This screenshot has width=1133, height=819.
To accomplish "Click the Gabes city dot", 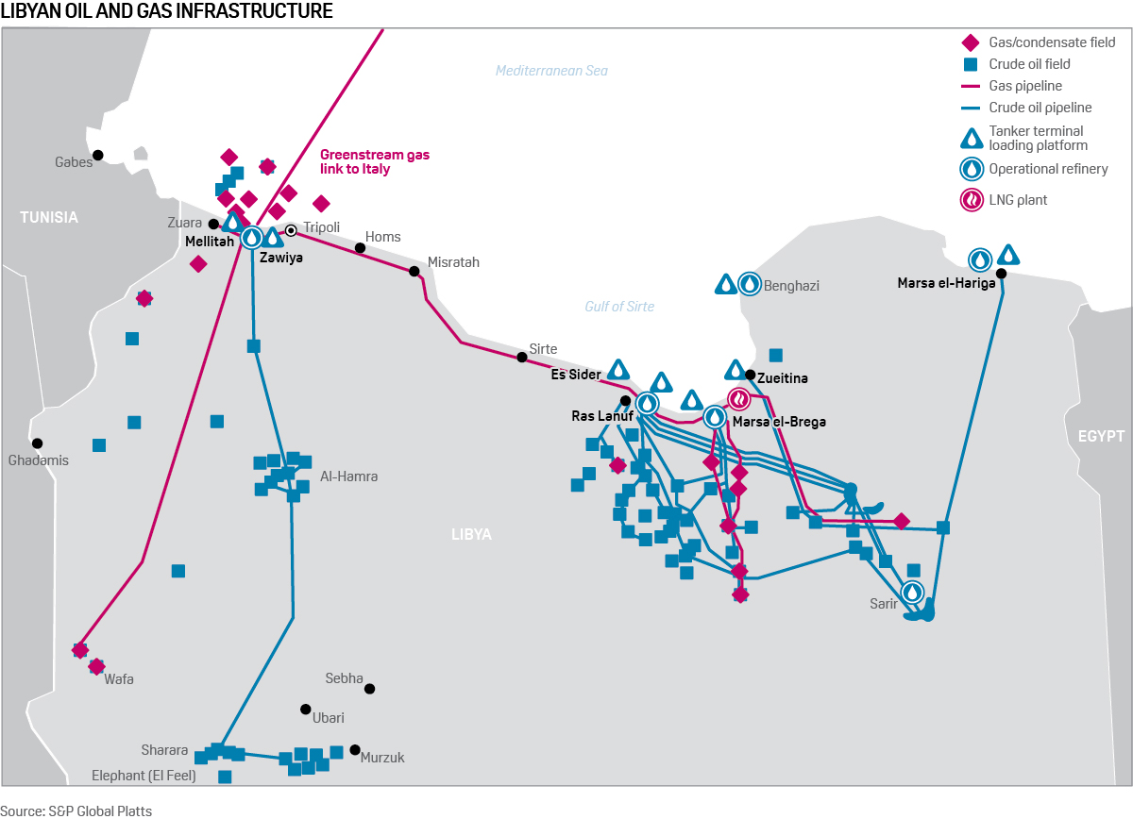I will (x=97, y=155).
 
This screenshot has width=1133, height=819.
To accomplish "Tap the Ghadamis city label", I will (x=39, y=460).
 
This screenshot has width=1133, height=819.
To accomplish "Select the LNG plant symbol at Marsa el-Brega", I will (x=739, y=399).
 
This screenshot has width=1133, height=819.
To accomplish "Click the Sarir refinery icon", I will (x=912, y=593).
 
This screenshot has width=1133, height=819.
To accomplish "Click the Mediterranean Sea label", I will (x=552, y=71).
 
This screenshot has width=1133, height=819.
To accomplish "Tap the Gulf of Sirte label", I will (x=619, y=307).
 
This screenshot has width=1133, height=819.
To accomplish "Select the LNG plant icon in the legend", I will (x=971, y=200).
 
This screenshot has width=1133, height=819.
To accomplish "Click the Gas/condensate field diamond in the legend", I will (x=970, y=42).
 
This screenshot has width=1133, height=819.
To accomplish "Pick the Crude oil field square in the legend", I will (x=970, y=64).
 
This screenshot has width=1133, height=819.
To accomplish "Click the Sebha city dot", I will (x=370, y=689).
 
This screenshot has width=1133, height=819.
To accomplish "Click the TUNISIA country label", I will (x=49, y=217).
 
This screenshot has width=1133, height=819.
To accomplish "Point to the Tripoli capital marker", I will (x=292, y=229).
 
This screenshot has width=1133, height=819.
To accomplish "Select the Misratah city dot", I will (x=414, y=271).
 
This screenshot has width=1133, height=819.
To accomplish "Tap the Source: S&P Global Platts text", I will (x=76, y=810).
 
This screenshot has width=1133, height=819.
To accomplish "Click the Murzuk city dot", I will (x=355, y=750).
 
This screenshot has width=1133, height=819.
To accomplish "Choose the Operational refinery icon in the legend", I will (x=971, y=170).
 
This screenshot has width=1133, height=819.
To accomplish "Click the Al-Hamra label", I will (x=349, y=476).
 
